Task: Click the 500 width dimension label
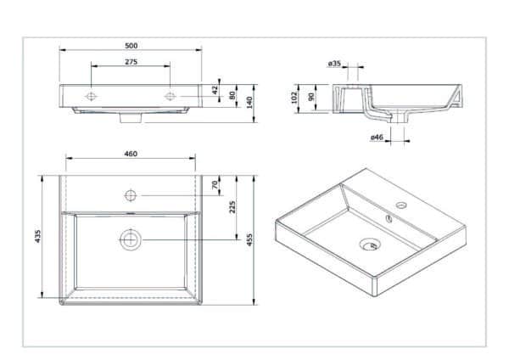131,46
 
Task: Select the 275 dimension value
131,62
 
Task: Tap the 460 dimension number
131,154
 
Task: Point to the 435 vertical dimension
38,236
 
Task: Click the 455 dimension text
249,239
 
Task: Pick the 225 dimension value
232,207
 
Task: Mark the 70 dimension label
215,185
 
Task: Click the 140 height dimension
249,103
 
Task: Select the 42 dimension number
215,90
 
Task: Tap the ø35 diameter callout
334,64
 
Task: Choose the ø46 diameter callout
377,137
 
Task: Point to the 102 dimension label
294,98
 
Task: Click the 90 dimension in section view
311,97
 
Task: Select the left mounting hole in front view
91,96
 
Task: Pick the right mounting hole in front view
171,96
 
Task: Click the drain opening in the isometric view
370,245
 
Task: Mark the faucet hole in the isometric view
401,205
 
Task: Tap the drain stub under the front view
131,118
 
